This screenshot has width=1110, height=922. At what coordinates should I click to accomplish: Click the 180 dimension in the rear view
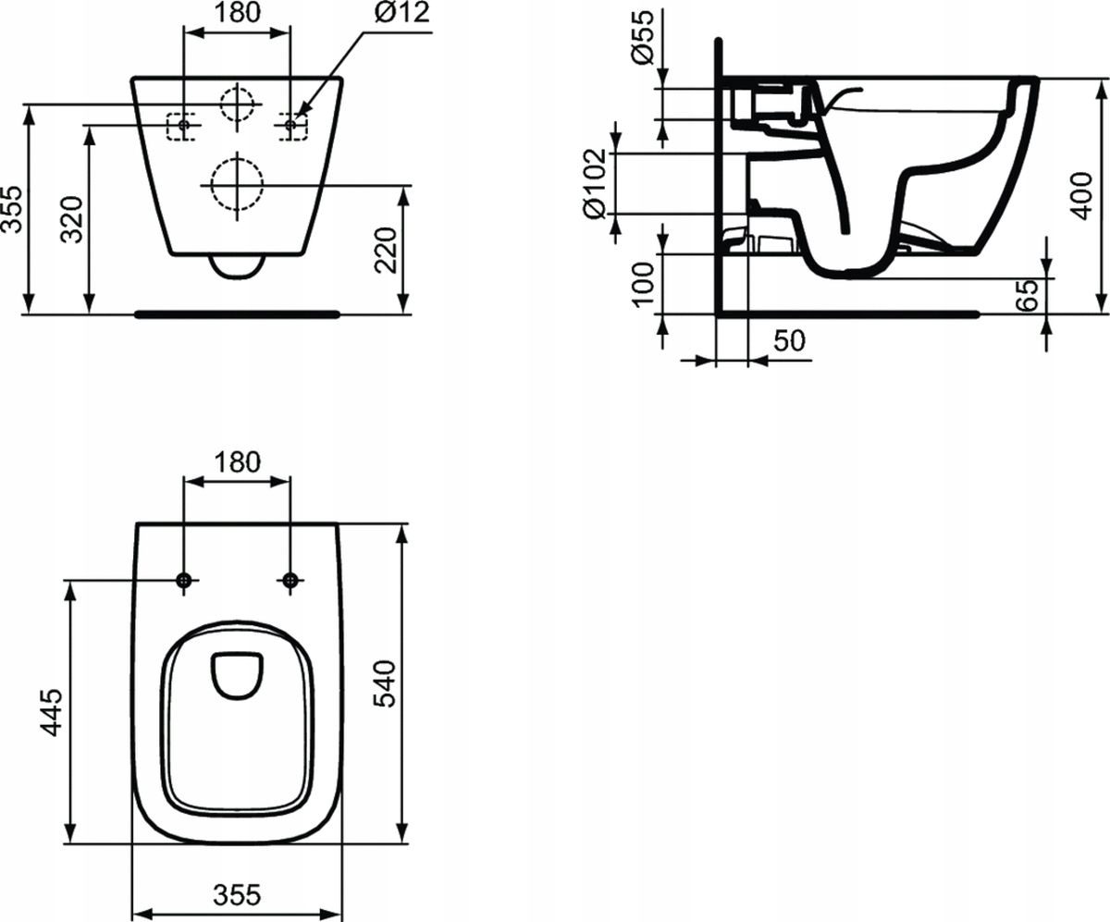point(238,13)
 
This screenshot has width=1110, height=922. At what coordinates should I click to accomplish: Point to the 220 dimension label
point(388,251)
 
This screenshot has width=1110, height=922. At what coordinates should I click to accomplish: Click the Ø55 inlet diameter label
point(645,35)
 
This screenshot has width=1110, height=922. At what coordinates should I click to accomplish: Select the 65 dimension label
point(1028,295)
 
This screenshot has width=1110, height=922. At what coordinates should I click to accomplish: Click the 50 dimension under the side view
point(788,340)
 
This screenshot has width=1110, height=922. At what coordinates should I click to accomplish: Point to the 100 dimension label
point(645,283)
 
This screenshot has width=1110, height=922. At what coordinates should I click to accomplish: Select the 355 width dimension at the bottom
point(237,895)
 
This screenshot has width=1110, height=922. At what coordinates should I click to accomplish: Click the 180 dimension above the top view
point(238,461)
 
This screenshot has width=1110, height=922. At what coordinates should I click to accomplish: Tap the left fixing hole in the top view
point(184,580)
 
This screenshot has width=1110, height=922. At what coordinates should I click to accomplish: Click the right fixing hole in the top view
point(290,580)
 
